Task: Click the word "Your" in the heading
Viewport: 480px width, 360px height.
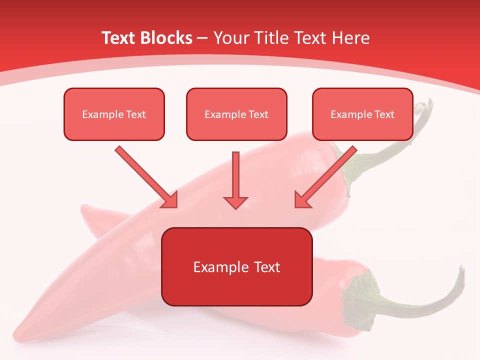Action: [230, 38]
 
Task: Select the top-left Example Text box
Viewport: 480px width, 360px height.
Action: [114, 114]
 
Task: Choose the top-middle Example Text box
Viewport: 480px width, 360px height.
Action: [236, 114]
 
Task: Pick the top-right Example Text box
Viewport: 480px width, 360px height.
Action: [362, 114]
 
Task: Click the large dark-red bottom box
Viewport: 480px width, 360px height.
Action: [236, 267]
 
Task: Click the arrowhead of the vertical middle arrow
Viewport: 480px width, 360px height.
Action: [235, 202]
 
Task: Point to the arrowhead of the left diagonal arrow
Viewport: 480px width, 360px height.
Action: [170, 200]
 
